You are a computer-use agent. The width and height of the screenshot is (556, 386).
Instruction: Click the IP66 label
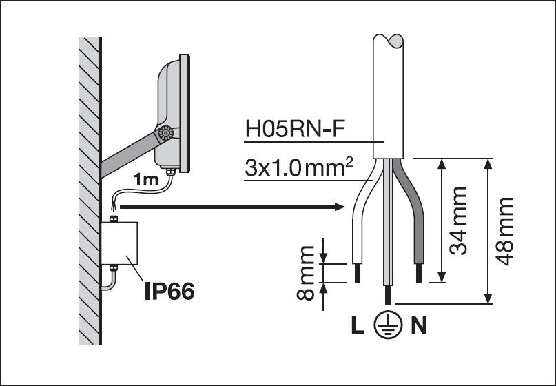pyautogui.click(x=169, y=291)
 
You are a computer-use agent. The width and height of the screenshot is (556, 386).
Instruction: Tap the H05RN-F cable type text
pyautogui.click(x=291, y=129)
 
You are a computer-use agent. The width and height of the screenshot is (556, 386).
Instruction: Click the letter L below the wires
pyautogui.click(x=356, y=325)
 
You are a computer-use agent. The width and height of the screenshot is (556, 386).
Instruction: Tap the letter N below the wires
pyautogui.click(x=418, y=325)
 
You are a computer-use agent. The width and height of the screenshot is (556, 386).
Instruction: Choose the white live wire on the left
pyautogui.click(x=360, y=221)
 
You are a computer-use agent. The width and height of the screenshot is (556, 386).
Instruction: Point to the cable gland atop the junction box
pyautogui.click(x=115, y=219)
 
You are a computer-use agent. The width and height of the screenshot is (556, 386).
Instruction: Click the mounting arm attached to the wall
pyautogui.click(x=131, y=154)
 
